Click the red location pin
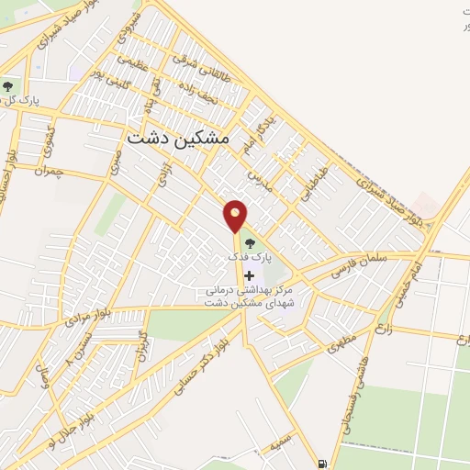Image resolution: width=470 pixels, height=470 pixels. point(236,215)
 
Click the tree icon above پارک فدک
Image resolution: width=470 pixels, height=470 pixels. point(250,244)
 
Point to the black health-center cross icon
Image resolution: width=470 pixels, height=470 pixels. point(249,275)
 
